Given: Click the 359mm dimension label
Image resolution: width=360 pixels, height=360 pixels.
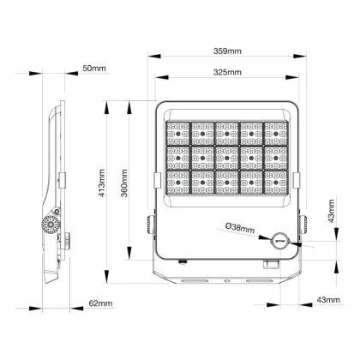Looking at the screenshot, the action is pyautogui.click(x=227, y=51).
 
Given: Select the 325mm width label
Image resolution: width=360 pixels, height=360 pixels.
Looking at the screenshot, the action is pyautogui.click(x=227, y=72).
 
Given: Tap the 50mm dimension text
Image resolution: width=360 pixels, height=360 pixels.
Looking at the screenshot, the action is pyautogui.click(x=94, y=69).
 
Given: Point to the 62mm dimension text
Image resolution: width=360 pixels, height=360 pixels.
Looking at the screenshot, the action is pyautogui.click(x=100, y=303).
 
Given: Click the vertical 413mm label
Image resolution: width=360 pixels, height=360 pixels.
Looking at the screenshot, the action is pyautogui.click(x=102, y=183).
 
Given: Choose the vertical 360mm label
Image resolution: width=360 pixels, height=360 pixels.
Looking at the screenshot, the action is pyautogui.click(x=124, y=183).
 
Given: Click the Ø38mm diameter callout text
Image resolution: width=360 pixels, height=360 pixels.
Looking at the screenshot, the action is pyautogui.click(x=240, y=228).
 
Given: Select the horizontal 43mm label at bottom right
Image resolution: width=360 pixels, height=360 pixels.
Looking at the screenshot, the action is pyautogui.click(x=328, y=300).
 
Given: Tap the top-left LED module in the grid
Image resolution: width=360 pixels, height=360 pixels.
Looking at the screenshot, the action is pyautogui.click(x=178, y=134).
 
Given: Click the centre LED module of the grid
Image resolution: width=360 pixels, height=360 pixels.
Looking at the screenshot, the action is pyautogui.click(x=227, y=158).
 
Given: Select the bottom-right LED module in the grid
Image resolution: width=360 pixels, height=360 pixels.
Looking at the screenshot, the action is pyautogui.click(x=276, y=183).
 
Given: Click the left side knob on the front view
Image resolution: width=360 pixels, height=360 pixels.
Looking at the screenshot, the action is pyautogui.click(x=151, y=224).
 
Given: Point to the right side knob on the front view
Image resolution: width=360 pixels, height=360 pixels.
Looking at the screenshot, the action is pyautogui.click(x=304, y=224).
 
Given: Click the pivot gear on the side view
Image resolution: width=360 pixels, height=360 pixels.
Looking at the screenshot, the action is pyautogui.click(x=51, y=225).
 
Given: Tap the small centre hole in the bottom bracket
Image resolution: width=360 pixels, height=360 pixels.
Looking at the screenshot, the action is pyautogui.click(x=227, y=281).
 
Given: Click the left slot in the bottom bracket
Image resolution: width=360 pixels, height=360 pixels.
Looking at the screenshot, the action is pyautogui.click(x=195, y=281).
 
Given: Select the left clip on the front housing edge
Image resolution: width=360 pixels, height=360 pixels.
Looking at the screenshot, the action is pyautogui.click(x=158, y=180).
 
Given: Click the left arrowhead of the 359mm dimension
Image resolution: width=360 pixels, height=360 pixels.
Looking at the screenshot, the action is pyautogui.click(x=154, y=56).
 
